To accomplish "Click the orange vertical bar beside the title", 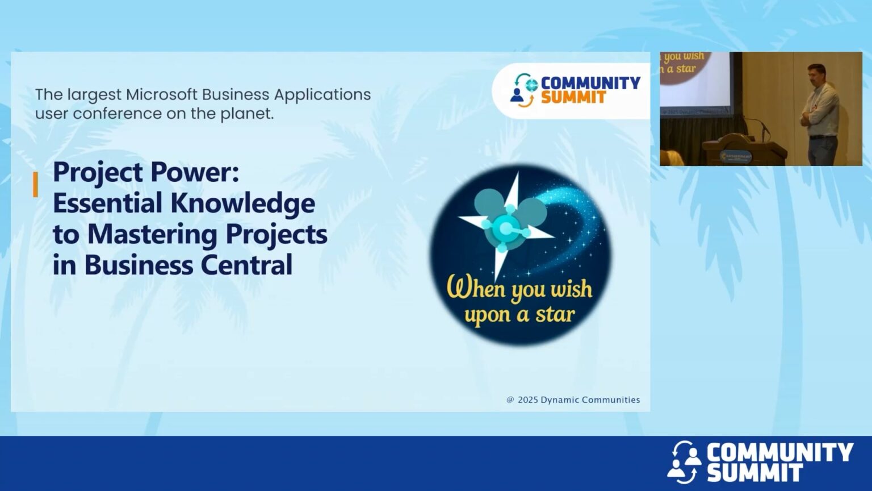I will [36, 185].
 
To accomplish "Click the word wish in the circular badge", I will [571, 289].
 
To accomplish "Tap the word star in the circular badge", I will [555, 314].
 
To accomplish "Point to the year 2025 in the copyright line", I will [527, 400].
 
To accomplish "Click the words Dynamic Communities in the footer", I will [590, 400].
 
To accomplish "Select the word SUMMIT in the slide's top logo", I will [573, 98].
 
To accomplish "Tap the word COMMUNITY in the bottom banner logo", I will [779, 453].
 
